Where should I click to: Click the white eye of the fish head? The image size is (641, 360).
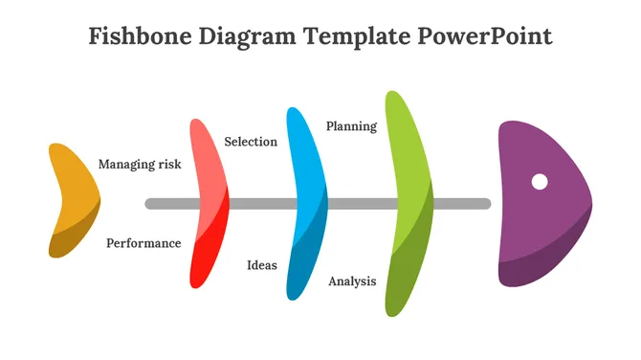click(x=540, y=181)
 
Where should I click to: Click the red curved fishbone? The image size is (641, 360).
click(x=211, y=203)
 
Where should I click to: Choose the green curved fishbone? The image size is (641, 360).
click(x=409, y=203)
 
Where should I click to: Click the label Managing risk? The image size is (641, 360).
click(x=140, y=165)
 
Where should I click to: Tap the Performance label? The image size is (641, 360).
click(x=144, y=243)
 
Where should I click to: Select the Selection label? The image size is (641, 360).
click(x=251, y=142)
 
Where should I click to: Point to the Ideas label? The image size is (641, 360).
click(x=262, y=265)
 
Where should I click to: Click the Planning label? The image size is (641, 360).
click(x=351, y=126)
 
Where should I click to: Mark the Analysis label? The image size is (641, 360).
click(x=352, y=281)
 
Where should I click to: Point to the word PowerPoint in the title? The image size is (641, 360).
click(x=486, y=37)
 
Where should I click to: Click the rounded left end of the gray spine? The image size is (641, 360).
click(x=150, y=204)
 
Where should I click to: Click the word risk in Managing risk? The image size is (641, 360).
click(x=168, y=165)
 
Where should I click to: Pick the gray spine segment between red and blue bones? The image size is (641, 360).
click(x=258, y=204)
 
